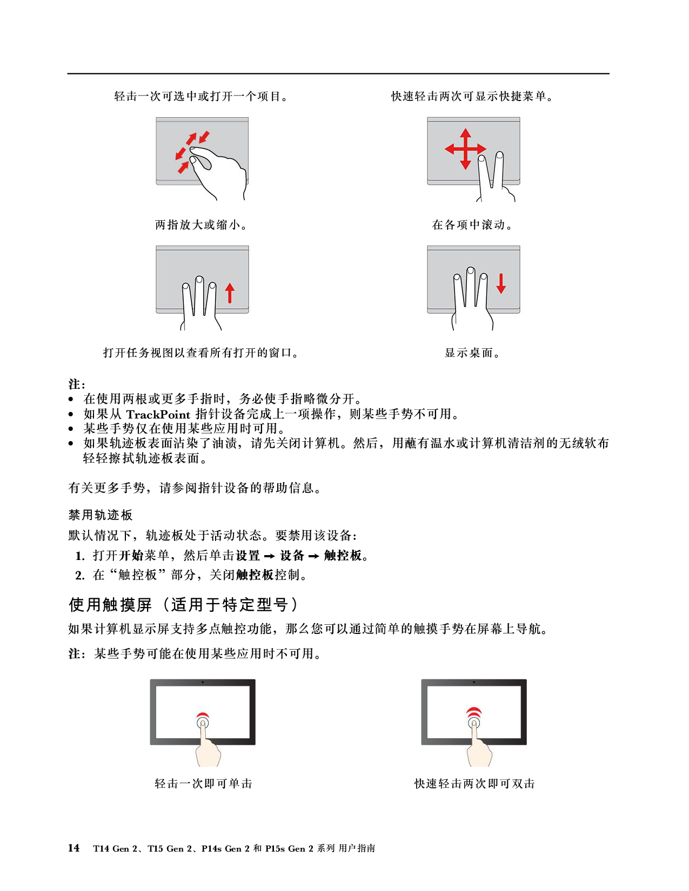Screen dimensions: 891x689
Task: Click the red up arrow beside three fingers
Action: point(230,293)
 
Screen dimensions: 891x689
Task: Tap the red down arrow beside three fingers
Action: point(501,283)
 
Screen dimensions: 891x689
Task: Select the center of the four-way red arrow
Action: point(465,149)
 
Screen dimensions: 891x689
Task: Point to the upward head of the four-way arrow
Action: point(465,132)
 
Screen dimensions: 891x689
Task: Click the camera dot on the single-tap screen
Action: point(203,682)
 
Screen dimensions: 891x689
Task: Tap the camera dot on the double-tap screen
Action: point(474,682)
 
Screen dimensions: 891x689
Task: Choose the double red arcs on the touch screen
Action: point(474,711)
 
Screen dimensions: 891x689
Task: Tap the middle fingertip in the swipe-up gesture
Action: point(199,280)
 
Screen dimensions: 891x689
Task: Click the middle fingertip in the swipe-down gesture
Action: point(471,270)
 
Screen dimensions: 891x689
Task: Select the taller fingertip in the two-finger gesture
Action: point(500,156)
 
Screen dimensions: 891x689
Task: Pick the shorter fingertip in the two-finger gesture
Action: point(482,159)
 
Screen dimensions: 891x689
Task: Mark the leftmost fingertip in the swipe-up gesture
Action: point(186,287)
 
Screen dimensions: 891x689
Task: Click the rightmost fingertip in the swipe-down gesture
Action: point(484,277)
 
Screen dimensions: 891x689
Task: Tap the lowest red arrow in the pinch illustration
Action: point(183,168)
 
